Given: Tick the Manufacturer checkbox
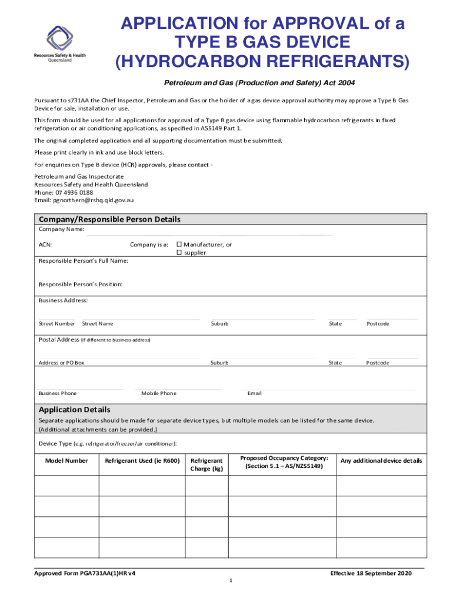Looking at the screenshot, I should click(x=179, y=245).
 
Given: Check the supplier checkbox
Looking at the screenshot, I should click(x=179, y=253).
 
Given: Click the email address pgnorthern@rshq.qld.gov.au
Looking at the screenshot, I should click(x=93, y=200).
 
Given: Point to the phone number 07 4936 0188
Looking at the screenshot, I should click(x=73, y=192).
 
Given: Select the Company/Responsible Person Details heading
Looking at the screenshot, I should click(x=109, y=219).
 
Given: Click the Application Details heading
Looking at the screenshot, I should click(x=74, y=409).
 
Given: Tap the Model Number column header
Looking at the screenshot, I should click(x=66, y=461).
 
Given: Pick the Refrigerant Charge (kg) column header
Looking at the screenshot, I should click(x=206, y=464).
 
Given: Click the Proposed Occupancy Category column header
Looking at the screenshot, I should click(x=284, y=461).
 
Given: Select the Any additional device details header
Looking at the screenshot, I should click(x=381, y=461).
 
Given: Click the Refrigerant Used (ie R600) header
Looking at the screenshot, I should click(x=142, y=461).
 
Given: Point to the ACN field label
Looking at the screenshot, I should click(x=45, y=245).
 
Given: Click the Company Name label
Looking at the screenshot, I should click(x=61, y=229).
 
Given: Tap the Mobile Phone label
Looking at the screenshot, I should click(x=158, y=393).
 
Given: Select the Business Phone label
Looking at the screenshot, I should click(x=58, y=393).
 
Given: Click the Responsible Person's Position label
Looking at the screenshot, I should click(x=81, y=285).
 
